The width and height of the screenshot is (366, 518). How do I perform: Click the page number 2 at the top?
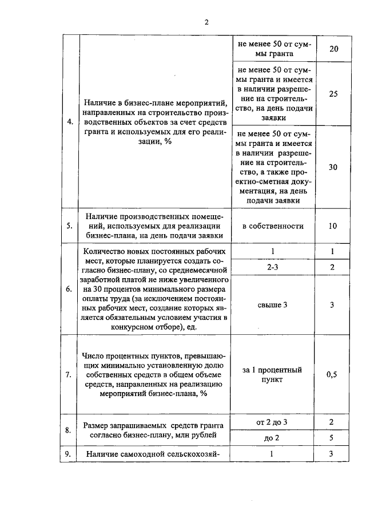coord(207,22)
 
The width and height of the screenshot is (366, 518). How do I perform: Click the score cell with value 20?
coord(333,49)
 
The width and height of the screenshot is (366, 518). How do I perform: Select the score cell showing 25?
coord(333,94)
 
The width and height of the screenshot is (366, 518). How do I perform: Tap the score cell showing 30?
coord(333,167)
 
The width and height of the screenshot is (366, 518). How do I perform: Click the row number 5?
coord(70,226)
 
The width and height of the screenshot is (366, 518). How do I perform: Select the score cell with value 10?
coord(333,226)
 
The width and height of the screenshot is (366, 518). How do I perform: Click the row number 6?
coord(70,289)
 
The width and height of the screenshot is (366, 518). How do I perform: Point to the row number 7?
coord(70,375)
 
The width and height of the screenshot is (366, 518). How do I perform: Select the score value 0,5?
coord(333,375)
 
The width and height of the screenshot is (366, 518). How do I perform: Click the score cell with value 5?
coord(333,438)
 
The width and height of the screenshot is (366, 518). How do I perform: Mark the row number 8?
coord(70,430)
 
